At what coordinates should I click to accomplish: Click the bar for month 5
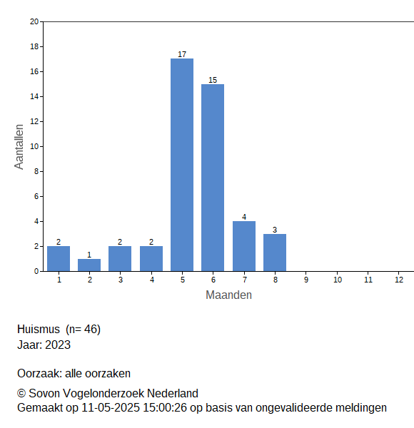point(182,165)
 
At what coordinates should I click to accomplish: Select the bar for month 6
point(213,178)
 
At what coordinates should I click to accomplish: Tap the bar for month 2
point(89,265)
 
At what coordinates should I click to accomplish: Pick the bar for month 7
point(244,246)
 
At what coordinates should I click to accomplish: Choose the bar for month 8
point(275,253)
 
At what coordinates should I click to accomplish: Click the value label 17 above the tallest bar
point(182,54)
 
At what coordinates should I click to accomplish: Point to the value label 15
point(213,80)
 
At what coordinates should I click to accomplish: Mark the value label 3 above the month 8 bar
point(275,230)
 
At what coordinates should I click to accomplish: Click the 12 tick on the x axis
point(399,280)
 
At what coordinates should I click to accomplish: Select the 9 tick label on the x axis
point(306,280)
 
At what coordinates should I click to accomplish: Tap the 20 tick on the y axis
point(34,21)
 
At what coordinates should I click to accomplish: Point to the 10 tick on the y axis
point(34,146)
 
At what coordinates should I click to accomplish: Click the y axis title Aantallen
point(19,147)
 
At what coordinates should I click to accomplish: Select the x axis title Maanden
point(228,295)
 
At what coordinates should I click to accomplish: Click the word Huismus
point(39,329)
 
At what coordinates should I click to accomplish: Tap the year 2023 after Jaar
point(58,345)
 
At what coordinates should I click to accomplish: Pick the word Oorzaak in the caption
point(40,373)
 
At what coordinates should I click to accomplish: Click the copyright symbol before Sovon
point(21,393)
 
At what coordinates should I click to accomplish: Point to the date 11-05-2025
point(111,408)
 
